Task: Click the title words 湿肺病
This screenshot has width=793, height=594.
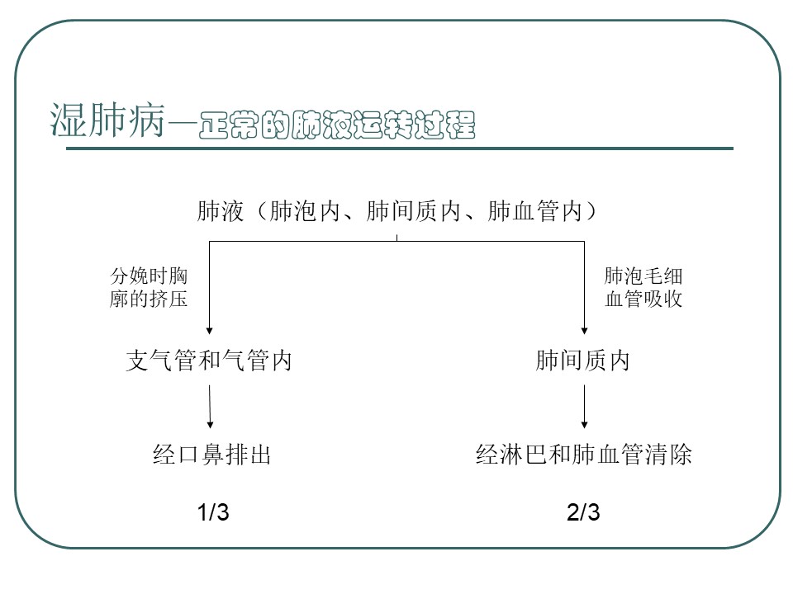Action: click(x=107, y=120)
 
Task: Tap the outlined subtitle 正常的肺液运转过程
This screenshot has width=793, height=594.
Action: click(x=337, y=125)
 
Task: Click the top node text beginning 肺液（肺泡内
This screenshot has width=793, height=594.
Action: click(x=396, y=211)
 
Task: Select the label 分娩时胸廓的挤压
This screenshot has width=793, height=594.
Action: click(x=149, y=287)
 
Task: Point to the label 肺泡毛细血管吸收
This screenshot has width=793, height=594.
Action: click(x=643, y=287)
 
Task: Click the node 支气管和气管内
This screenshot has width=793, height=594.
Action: click(x=209, y=361)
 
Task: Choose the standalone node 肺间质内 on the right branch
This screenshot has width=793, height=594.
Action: click(x=582, y=361)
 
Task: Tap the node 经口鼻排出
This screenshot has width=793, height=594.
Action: click(x=211, y=454)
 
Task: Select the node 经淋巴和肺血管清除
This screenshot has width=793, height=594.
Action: click(x=584, y=454)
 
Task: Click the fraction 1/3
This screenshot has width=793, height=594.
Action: click(x=213, y=512)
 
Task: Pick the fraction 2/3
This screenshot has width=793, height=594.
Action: click(x=583, y=512)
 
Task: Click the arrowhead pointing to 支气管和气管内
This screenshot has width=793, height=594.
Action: click(x=209, y=331)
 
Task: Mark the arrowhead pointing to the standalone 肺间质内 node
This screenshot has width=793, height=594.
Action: click(x=584, y=331)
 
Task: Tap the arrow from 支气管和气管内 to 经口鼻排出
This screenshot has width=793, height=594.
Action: click(x=210, y=407)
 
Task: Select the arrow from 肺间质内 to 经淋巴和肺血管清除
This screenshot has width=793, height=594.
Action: click(x=584, y=407)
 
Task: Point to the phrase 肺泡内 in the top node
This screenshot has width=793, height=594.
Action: click(x=305, y=211)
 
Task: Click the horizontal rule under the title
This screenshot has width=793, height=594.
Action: click(x=400, y=148)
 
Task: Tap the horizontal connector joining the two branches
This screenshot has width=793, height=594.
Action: click(x=397, y=242)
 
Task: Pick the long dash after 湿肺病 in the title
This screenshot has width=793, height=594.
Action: click(x=182, y=123)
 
